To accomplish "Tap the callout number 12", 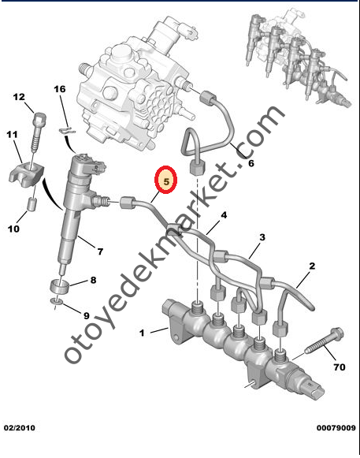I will [x=20, y=97].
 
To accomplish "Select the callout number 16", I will [x=60, y=91].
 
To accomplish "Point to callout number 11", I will [x=12, y=136].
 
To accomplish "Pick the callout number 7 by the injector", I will [x=100, y=251].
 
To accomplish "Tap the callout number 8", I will [x=93, y=280].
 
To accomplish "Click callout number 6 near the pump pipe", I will [x=251, y=164].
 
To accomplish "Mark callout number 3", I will [x=262, y=236].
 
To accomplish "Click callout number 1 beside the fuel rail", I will [x=143, y=333].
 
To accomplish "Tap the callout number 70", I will [x=340, y=367].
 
